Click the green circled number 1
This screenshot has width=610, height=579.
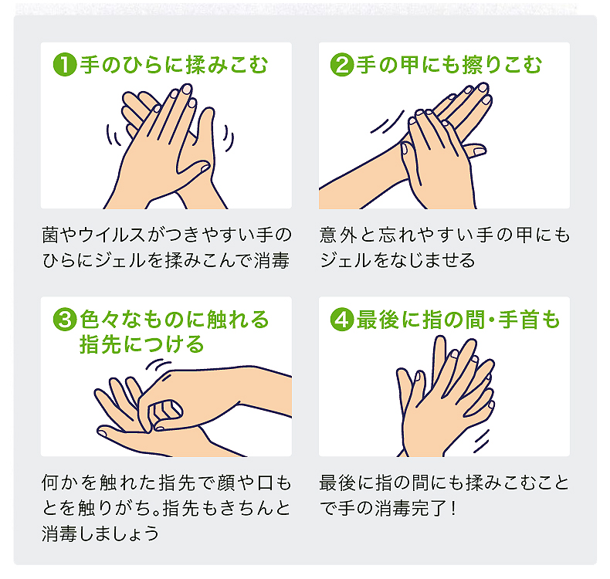pyautogui.click(x=65, y=65)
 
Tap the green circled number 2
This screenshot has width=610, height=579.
pyautogui.click(x=342, y=65)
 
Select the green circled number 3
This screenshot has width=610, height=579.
pyautogui.click(x=65, y=320)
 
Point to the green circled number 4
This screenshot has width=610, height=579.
pyautogui.click(x=342, y=320)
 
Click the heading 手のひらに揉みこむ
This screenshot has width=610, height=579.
pyautogui.click(x=174, y=65)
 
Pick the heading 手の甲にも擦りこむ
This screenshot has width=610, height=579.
pyautogui.click(x=449, y=65)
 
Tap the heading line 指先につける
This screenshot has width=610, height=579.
pyautogui.click(x=141, y=344)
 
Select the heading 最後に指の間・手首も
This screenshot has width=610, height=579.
pyautogui.click(x=459, y=320)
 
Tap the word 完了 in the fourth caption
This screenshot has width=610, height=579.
pyautogui.click(x=429, y=508)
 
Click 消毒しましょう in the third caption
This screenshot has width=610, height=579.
pyautogui.click(x=100, y=533)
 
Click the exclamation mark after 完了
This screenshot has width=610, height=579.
pyautogui.click(x=453, y=508)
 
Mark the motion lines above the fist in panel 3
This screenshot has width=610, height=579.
pyautogui.click(x=158, y=364)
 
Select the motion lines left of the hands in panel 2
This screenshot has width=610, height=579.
pyautogui.click(x=387, y=121)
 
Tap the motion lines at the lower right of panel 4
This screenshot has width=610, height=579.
pyautogui.click(x=481, y=442)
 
